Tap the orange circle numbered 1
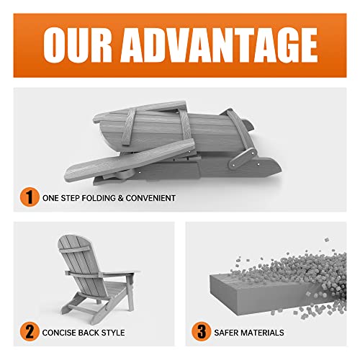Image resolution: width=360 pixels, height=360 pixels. [26, 196]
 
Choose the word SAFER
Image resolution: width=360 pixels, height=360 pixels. [228, 333]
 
